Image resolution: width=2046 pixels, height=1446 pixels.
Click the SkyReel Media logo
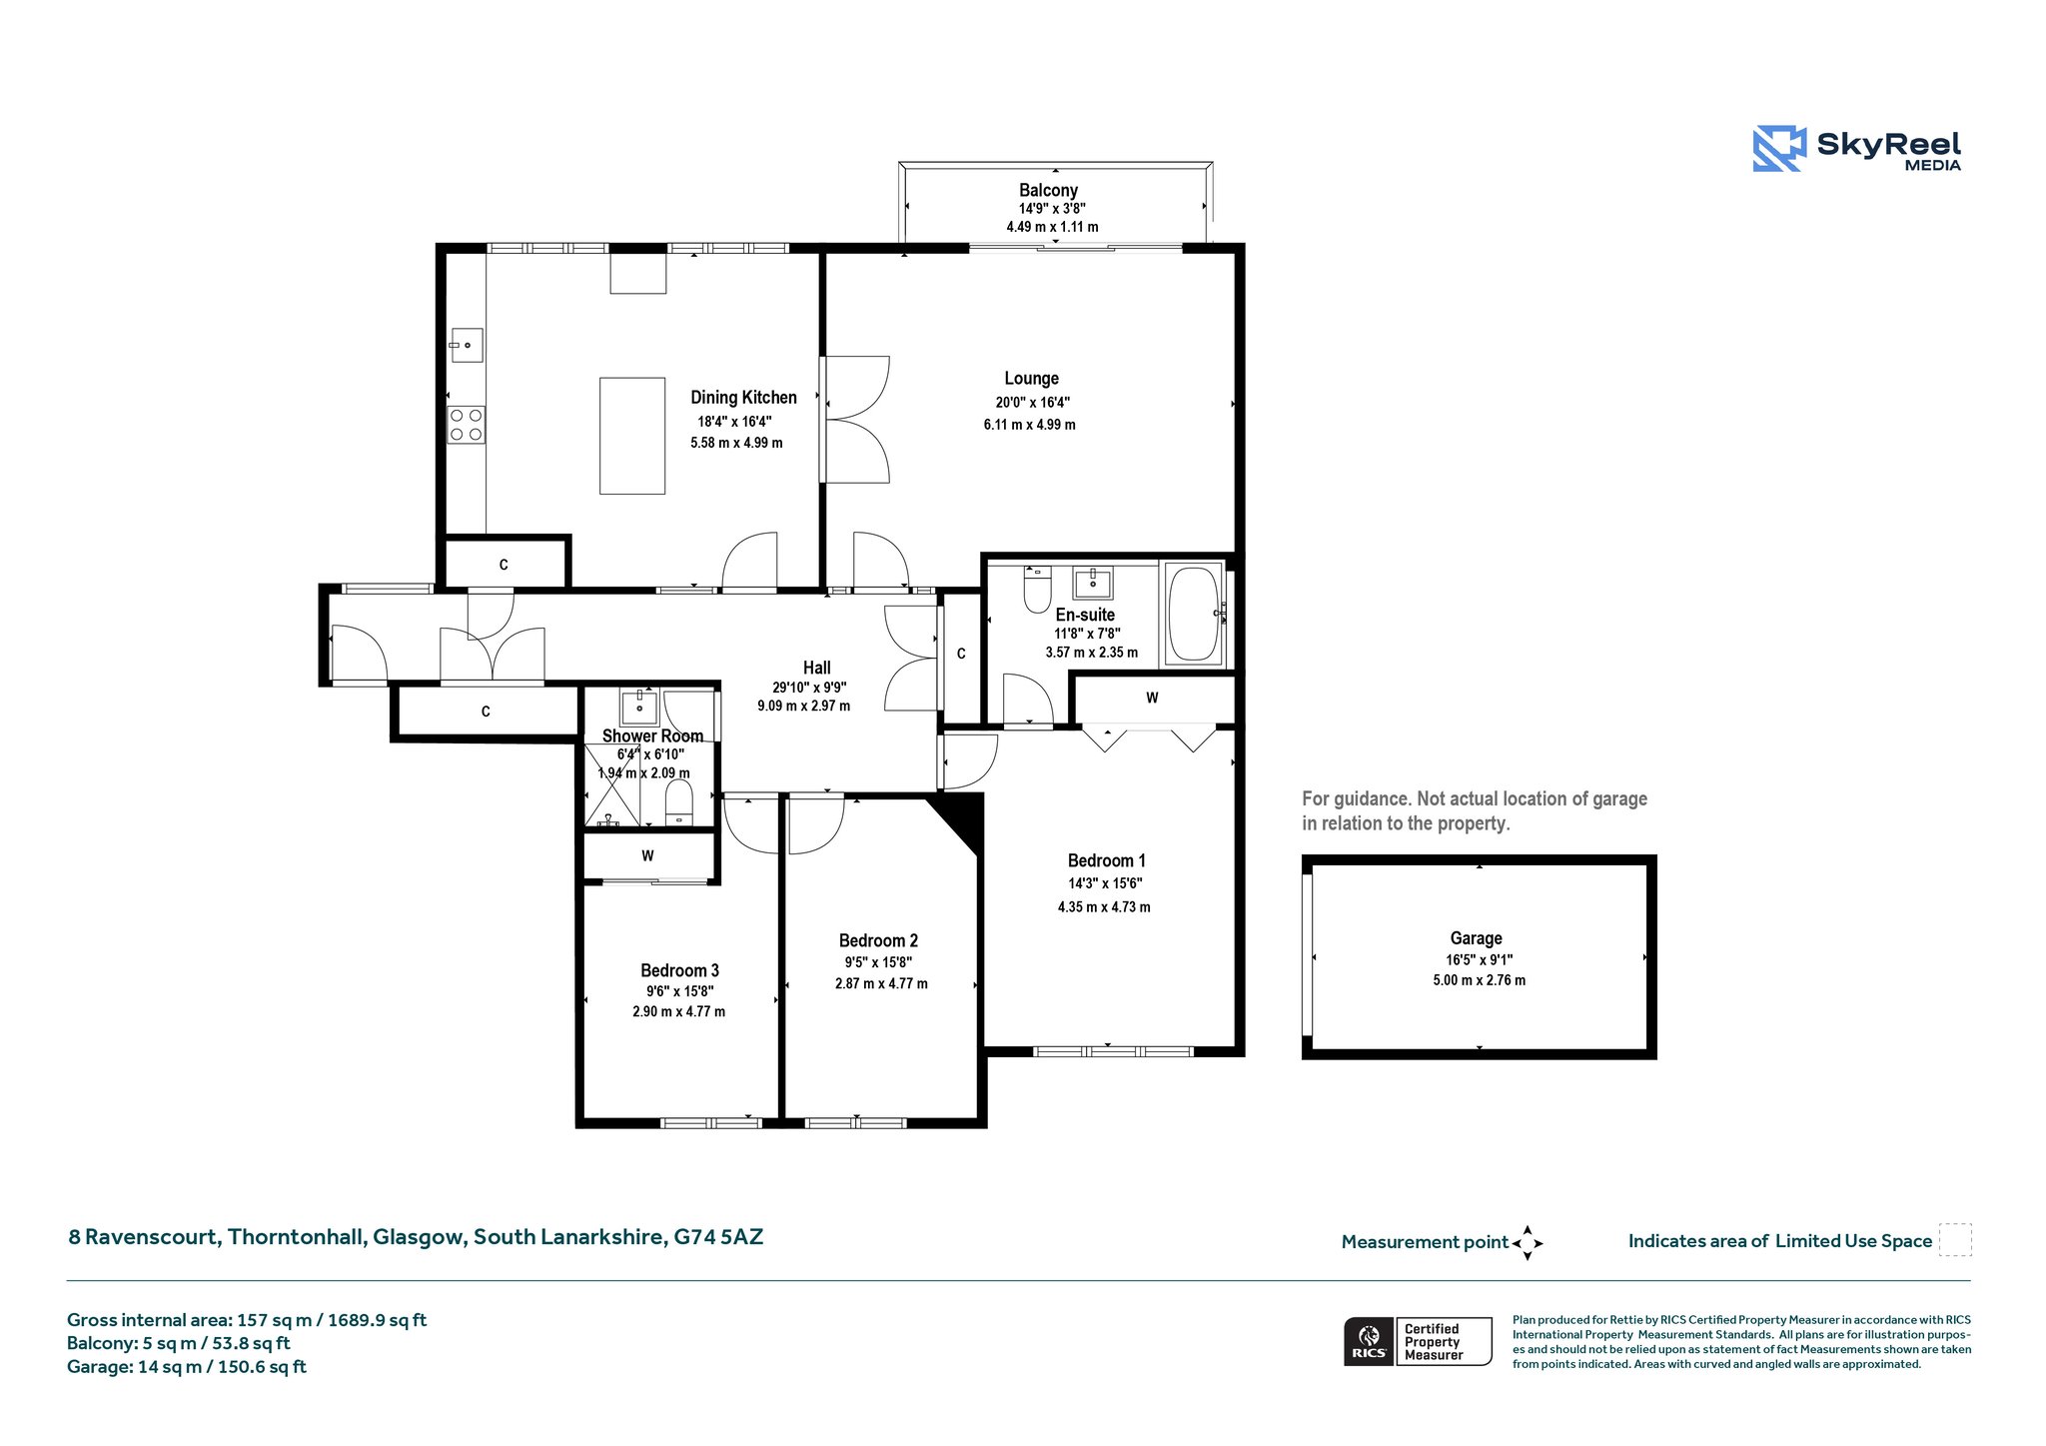1857,149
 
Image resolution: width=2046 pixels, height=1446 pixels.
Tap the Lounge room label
1031,379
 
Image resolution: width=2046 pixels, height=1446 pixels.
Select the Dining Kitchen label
743,398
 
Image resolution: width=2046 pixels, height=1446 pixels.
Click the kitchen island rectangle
632,436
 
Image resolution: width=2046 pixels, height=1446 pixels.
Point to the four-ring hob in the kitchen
466,425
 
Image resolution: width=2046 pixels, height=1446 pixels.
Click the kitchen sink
467,345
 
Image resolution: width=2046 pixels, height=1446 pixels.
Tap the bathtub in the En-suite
1194,614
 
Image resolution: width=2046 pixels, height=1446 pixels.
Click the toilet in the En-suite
1037,590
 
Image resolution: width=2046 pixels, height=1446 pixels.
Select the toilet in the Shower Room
678,803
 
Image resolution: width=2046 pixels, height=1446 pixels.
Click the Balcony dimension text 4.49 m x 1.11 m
1052,227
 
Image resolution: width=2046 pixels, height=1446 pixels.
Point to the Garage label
1476,938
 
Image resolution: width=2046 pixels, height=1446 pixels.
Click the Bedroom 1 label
1106,860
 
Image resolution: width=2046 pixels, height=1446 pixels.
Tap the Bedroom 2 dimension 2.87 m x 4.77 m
881,983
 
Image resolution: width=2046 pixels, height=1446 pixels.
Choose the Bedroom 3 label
679,970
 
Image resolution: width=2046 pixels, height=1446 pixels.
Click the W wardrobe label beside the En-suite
1152,698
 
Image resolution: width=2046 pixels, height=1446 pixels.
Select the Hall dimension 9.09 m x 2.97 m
803,706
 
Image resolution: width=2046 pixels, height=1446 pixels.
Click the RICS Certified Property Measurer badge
1418,1341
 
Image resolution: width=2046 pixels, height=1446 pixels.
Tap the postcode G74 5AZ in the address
718,1237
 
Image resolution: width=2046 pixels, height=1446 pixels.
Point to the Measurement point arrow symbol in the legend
1528,1243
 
